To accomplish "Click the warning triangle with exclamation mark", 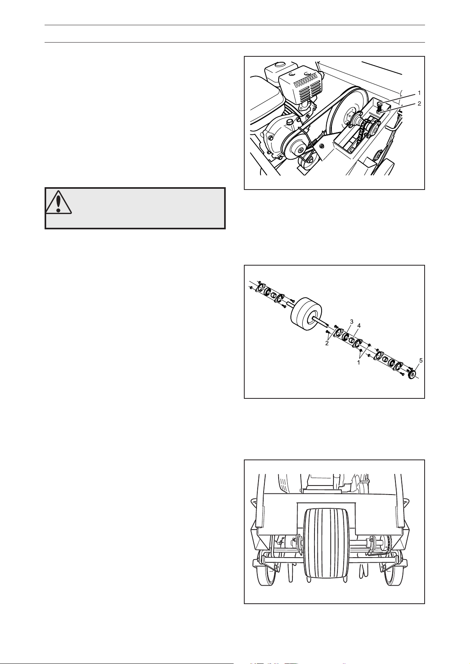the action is pos(59,202).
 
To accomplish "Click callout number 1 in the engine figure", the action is pos(419,93).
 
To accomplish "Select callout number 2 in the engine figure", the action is pos(419,104).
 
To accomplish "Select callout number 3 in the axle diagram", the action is pos(352,321).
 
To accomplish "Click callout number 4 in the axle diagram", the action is pos(359,325).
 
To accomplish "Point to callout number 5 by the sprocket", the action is pos(420,361).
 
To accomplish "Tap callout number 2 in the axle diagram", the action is pos(327,343).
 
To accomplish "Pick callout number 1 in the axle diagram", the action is pos(359,362).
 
